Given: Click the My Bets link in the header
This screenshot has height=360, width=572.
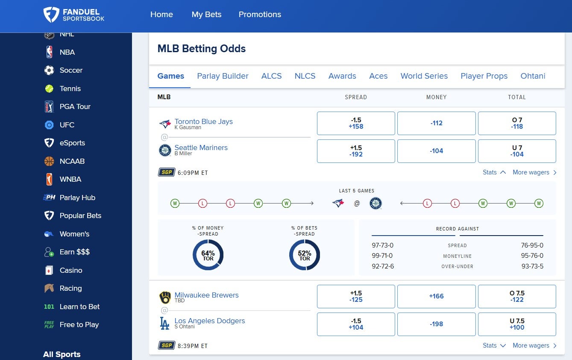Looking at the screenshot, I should [206, 14].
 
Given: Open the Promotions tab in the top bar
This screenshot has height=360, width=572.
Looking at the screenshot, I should [260, 14].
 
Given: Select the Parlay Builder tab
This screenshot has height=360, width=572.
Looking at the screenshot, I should [223, 76].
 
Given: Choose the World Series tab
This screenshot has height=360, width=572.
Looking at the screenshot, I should [424, 76].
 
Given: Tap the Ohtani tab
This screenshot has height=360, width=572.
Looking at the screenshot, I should [533, 76].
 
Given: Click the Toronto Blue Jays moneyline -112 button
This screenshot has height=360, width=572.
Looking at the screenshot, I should [436, 123].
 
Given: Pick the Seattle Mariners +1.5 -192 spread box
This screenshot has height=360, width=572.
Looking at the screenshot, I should [355, 151].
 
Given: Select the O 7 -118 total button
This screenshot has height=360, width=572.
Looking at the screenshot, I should [516, 123].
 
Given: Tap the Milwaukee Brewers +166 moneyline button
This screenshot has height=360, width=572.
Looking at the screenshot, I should [436, 296].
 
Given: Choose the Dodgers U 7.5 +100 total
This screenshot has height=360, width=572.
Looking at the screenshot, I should [516, 324].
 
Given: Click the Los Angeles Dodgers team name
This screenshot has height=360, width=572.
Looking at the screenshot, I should [210, 321].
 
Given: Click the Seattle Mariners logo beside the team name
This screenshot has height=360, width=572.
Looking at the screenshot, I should [165, 150].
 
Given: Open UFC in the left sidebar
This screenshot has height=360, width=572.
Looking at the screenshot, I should [67, 125].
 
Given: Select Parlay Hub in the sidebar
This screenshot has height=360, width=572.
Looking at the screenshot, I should [77, 198].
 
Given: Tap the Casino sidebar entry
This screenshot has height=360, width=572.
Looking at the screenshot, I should [71, 270].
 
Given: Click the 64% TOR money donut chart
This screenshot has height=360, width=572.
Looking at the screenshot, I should [208, 255].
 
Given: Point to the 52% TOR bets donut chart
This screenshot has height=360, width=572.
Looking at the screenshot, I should [305, 255].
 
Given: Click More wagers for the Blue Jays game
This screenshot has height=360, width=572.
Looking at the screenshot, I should [534, 172].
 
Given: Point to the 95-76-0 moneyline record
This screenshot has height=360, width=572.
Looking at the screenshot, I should [532, 256].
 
